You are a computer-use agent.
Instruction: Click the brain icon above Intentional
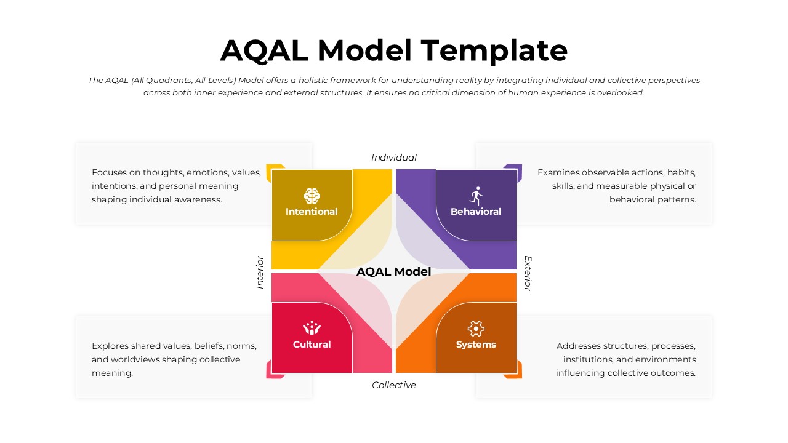(312, 196)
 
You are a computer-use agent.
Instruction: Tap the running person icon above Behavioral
(476, 196)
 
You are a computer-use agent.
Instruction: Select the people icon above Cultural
(312, 328)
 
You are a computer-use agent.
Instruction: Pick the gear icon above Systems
(476, 328)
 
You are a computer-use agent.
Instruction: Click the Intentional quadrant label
(312, 212)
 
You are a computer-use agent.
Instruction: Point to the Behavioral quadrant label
(476, 212)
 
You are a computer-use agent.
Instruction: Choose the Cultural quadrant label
(312, 345)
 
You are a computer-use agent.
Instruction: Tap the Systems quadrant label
(476, 345)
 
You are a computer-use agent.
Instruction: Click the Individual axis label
(394, 158)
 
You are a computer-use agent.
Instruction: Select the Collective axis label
(394, 385)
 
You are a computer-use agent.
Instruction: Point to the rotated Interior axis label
(260, 272)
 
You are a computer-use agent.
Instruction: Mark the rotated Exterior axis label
(528, 273)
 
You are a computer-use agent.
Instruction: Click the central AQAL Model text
(394, 272)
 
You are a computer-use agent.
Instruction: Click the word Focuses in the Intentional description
(109, 173)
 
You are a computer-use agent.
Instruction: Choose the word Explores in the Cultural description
(110, 346)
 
